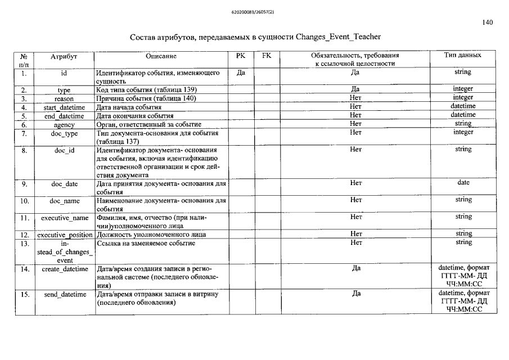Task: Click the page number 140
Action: point(488,22)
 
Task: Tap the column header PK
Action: point(241,56)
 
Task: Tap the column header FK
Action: point(267,56)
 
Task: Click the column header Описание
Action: point(161,56)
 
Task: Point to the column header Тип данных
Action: point(463,56)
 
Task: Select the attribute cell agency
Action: point(64,124)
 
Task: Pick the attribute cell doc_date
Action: point(64,184)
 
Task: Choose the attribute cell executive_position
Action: point(65,235)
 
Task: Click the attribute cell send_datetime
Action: point(64,294)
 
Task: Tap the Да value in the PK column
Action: point(241,73)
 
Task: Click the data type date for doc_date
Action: point(463,183)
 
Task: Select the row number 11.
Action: point(25,218)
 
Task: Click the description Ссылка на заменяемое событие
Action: point(146,243)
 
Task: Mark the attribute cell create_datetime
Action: point(65,269)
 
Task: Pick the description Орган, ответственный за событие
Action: point(149,124)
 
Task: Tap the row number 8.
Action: point(25,151)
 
